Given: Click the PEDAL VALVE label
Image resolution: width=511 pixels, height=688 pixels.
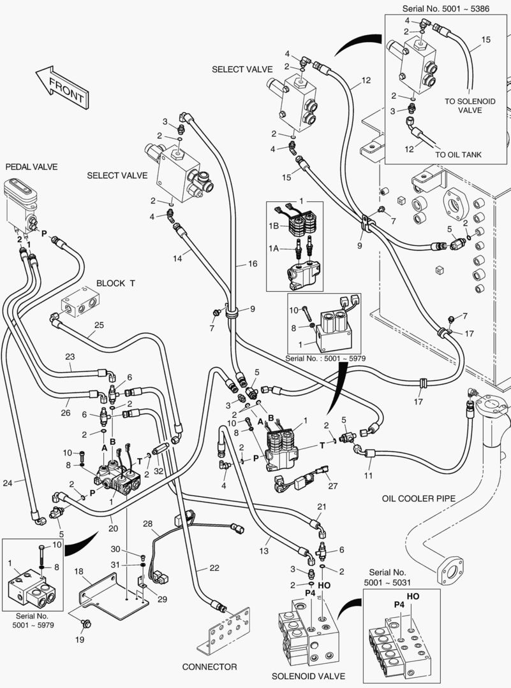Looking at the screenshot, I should coord(31,167).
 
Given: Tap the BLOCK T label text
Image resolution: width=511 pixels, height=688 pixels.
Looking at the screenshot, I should coord(115,283).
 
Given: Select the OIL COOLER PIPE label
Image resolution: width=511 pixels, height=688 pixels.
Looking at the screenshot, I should coord(418,499).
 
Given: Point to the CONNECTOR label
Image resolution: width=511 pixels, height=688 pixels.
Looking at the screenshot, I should coord(209,667).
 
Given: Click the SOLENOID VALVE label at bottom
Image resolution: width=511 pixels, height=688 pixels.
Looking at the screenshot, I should coord(308,676).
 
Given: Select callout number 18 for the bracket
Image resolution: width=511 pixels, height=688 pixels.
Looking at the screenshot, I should coord(80,573).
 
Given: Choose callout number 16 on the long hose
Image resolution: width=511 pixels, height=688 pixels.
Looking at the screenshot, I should coord(253,263).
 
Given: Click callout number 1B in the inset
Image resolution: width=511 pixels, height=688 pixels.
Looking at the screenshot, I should coord(274,226).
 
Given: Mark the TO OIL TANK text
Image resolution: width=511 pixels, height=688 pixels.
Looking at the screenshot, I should coord(459,154).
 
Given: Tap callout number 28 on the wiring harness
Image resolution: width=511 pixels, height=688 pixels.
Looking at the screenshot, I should coord(147,524).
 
